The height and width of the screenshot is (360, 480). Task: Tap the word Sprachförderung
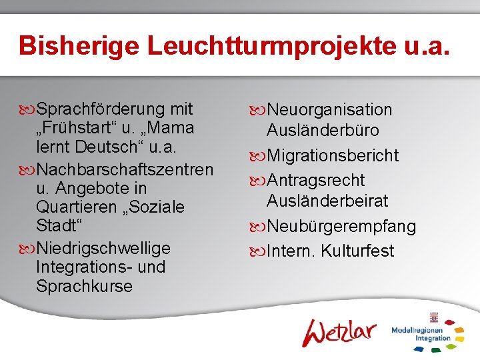click(101, 109)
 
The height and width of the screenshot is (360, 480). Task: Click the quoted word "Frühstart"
click(75, 127)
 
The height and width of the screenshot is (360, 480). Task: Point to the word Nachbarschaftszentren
click(125, 169)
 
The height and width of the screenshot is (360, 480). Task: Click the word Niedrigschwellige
click(103, 248)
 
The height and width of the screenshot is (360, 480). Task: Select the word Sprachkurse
click(85, 287)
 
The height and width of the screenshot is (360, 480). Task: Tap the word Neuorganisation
click(329, 110)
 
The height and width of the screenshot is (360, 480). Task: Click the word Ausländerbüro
click(323, 130)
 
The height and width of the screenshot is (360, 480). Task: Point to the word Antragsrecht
click(315, 181)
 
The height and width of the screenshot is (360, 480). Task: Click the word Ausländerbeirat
click(327, 201)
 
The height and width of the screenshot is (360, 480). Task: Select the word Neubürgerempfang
click(341, 227)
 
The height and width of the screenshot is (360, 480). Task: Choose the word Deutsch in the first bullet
click(109, 147)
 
